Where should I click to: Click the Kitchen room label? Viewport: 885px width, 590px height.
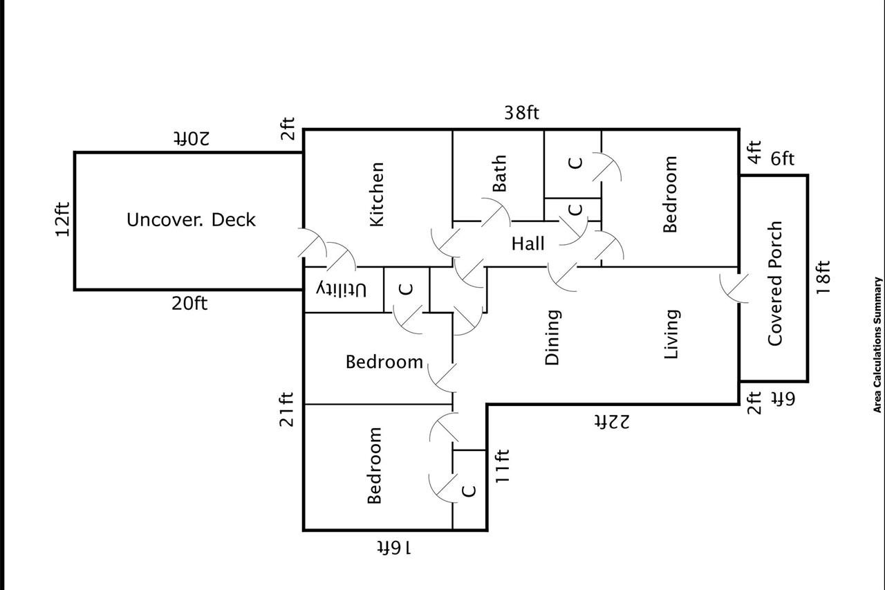(x=377, y=194)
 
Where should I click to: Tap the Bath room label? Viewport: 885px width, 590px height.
(x=500, y=174)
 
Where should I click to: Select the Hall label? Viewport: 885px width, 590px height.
(x=528, y=243)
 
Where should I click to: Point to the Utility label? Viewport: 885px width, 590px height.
(x=342, y=290)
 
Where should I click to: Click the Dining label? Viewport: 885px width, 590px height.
(x=552, y=337)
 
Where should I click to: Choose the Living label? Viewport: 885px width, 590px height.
(x=671, y=334)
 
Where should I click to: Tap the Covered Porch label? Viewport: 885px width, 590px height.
(x=775, y=284)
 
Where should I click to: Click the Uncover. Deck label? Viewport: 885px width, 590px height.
(x=191, y=220)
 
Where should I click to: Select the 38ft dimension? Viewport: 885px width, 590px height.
(x=521, y=113)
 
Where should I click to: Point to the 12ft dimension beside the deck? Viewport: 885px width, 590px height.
(x=62, y=219)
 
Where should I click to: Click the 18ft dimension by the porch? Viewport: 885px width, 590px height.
(x=823, y=277)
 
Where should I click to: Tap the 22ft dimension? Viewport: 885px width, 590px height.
(x=612, y=422)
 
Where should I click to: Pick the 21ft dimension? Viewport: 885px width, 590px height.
(x=286, y=409)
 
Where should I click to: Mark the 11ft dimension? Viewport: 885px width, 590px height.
(x=503, y=465)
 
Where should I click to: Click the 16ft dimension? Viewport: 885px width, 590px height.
(x=394, y=548)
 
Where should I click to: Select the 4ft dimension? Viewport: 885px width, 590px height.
(x=754, y=152)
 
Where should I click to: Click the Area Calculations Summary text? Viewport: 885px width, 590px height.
(x=877, y=345)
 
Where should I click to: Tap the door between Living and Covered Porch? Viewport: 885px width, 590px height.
(x=734, y=288)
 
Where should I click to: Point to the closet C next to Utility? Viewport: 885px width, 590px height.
(x=406, y=289)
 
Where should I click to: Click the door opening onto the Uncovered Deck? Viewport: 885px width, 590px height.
(x=312, y=243)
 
